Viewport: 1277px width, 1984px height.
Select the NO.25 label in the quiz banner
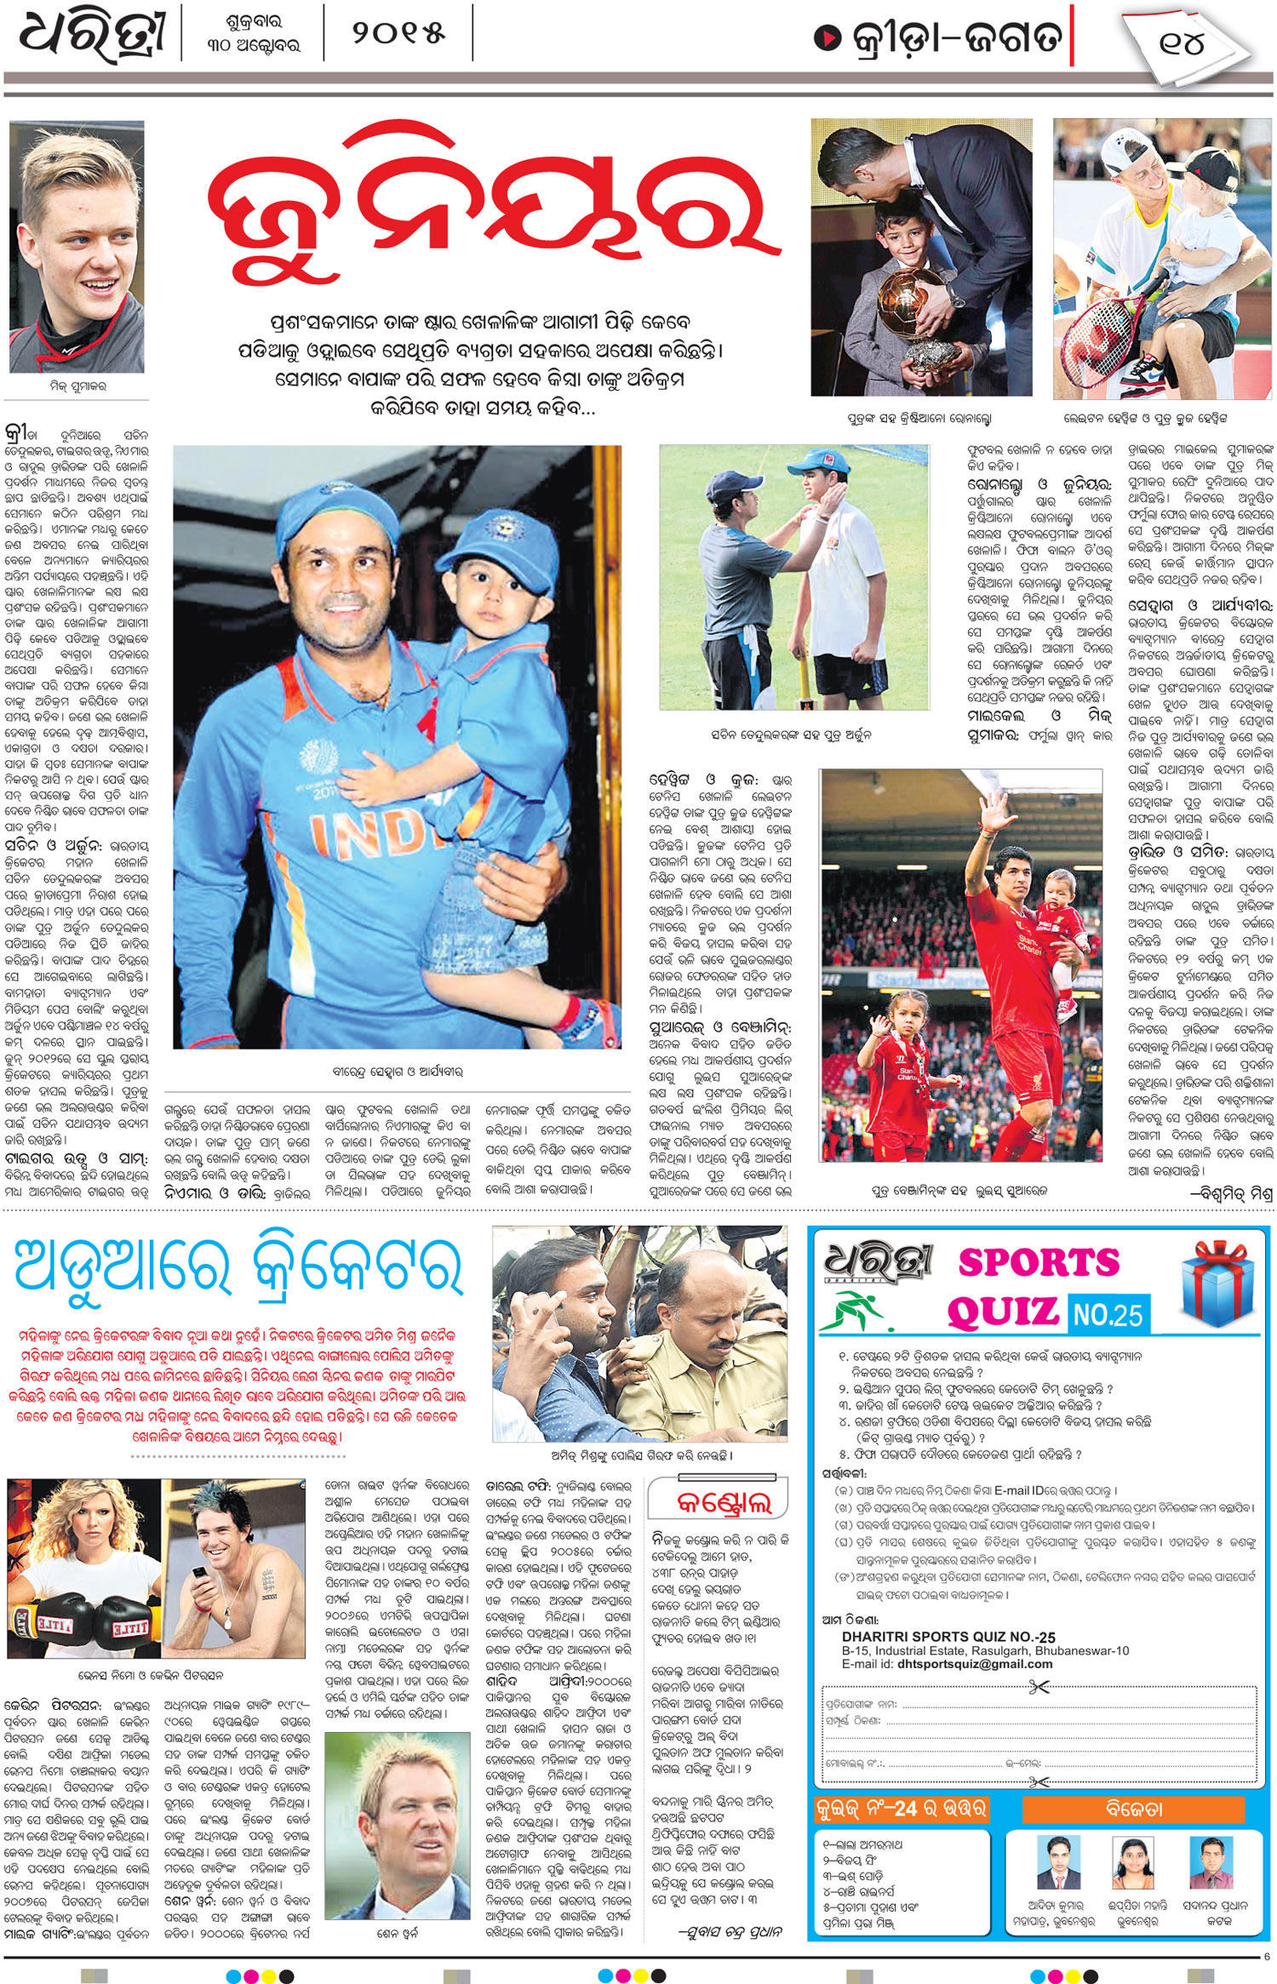[x=1107, y=1315]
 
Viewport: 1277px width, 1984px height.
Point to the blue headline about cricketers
[x=238, y=1267]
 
